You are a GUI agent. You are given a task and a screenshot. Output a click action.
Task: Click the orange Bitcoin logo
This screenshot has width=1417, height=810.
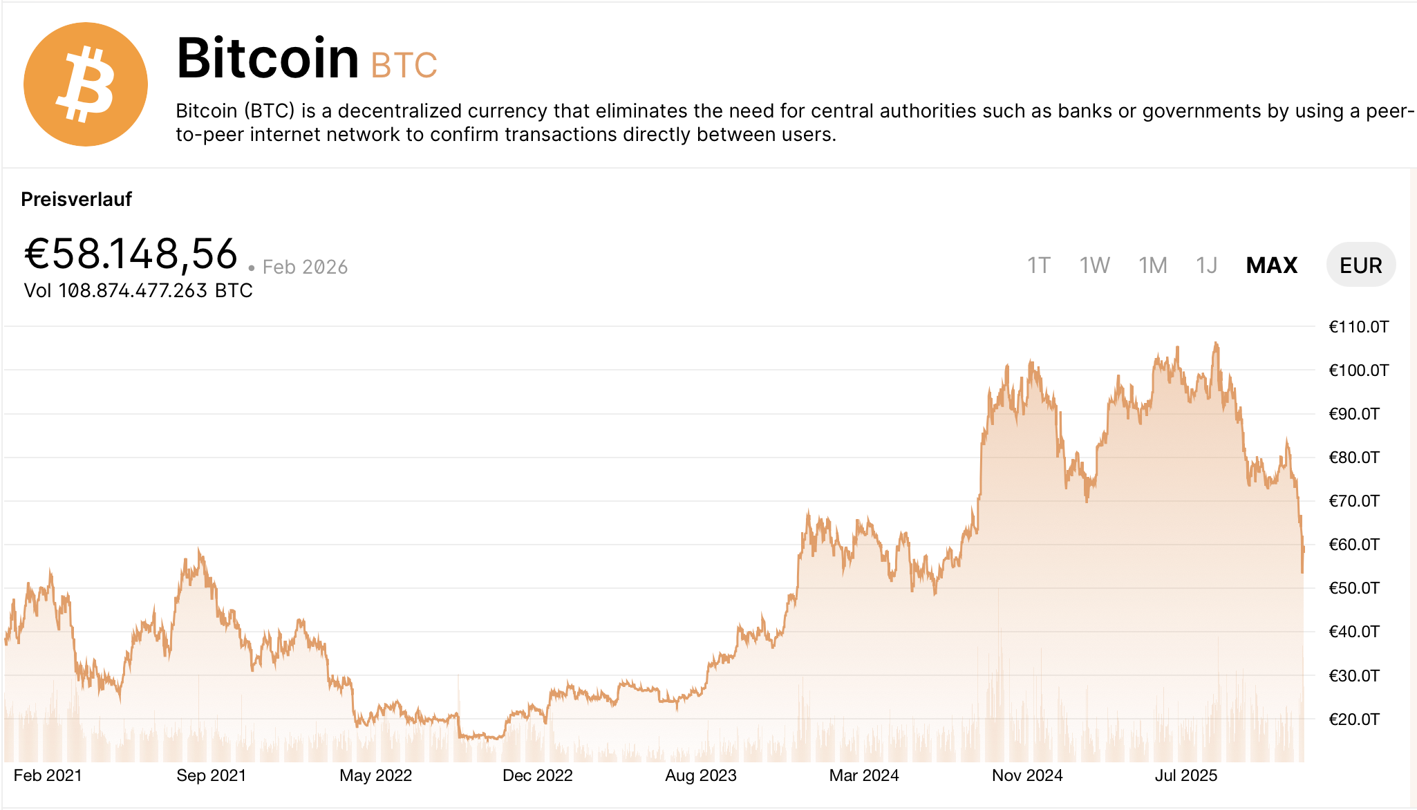tap(85, 84)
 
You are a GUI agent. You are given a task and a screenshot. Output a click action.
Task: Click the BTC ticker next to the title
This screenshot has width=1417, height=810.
tap(404, 66)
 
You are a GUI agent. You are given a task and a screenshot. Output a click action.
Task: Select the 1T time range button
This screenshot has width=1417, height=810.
tap(1038, 265)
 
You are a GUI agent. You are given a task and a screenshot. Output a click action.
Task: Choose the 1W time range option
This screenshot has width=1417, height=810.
tap(1094, 265)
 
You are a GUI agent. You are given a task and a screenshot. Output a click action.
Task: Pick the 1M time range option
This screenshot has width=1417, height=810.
tap(1152, 265)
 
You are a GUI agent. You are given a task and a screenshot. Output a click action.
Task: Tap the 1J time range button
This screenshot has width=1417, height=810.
tap(1206, 265)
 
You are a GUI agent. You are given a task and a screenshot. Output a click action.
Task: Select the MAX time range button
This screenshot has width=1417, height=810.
tap(1271, 265)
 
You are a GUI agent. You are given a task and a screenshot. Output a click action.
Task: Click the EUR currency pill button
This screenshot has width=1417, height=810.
tap(1360, 265)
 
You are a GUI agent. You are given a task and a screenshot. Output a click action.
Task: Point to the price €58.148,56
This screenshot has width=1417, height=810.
tap(131, 254)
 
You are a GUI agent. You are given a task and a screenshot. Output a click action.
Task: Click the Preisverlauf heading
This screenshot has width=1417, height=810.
tap(76, 200)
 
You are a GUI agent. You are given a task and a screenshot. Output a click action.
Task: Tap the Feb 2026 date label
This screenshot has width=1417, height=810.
tap(305, 267)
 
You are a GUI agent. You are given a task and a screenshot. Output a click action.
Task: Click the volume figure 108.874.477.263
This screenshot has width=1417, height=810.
tap(133, 291)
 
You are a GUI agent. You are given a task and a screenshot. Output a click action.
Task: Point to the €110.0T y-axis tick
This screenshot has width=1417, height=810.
tap(1358, 327)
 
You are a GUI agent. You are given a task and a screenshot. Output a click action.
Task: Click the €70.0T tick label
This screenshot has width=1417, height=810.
tap(1353, 501)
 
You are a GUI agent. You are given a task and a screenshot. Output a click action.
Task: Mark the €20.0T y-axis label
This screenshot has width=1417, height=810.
tap(1353, 719)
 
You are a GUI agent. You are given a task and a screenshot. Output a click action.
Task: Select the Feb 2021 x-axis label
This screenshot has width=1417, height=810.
tap(48, 775)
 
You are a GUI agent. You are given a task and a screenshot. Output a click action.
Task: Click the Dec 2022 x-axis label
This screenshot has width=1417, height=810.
tap(537, 775)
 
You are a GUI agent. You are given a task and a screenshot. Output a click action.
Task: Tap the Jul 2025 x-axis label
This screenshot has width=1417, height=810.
tap(1185, 775)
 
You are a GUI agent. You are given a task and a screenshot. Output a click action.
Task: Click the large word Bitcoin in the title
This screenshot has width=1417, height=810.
tap(268, 58)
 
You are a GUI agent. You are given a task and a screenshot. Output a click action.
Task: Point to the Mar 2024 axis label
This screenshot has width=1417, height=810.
tap(863, 775)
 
